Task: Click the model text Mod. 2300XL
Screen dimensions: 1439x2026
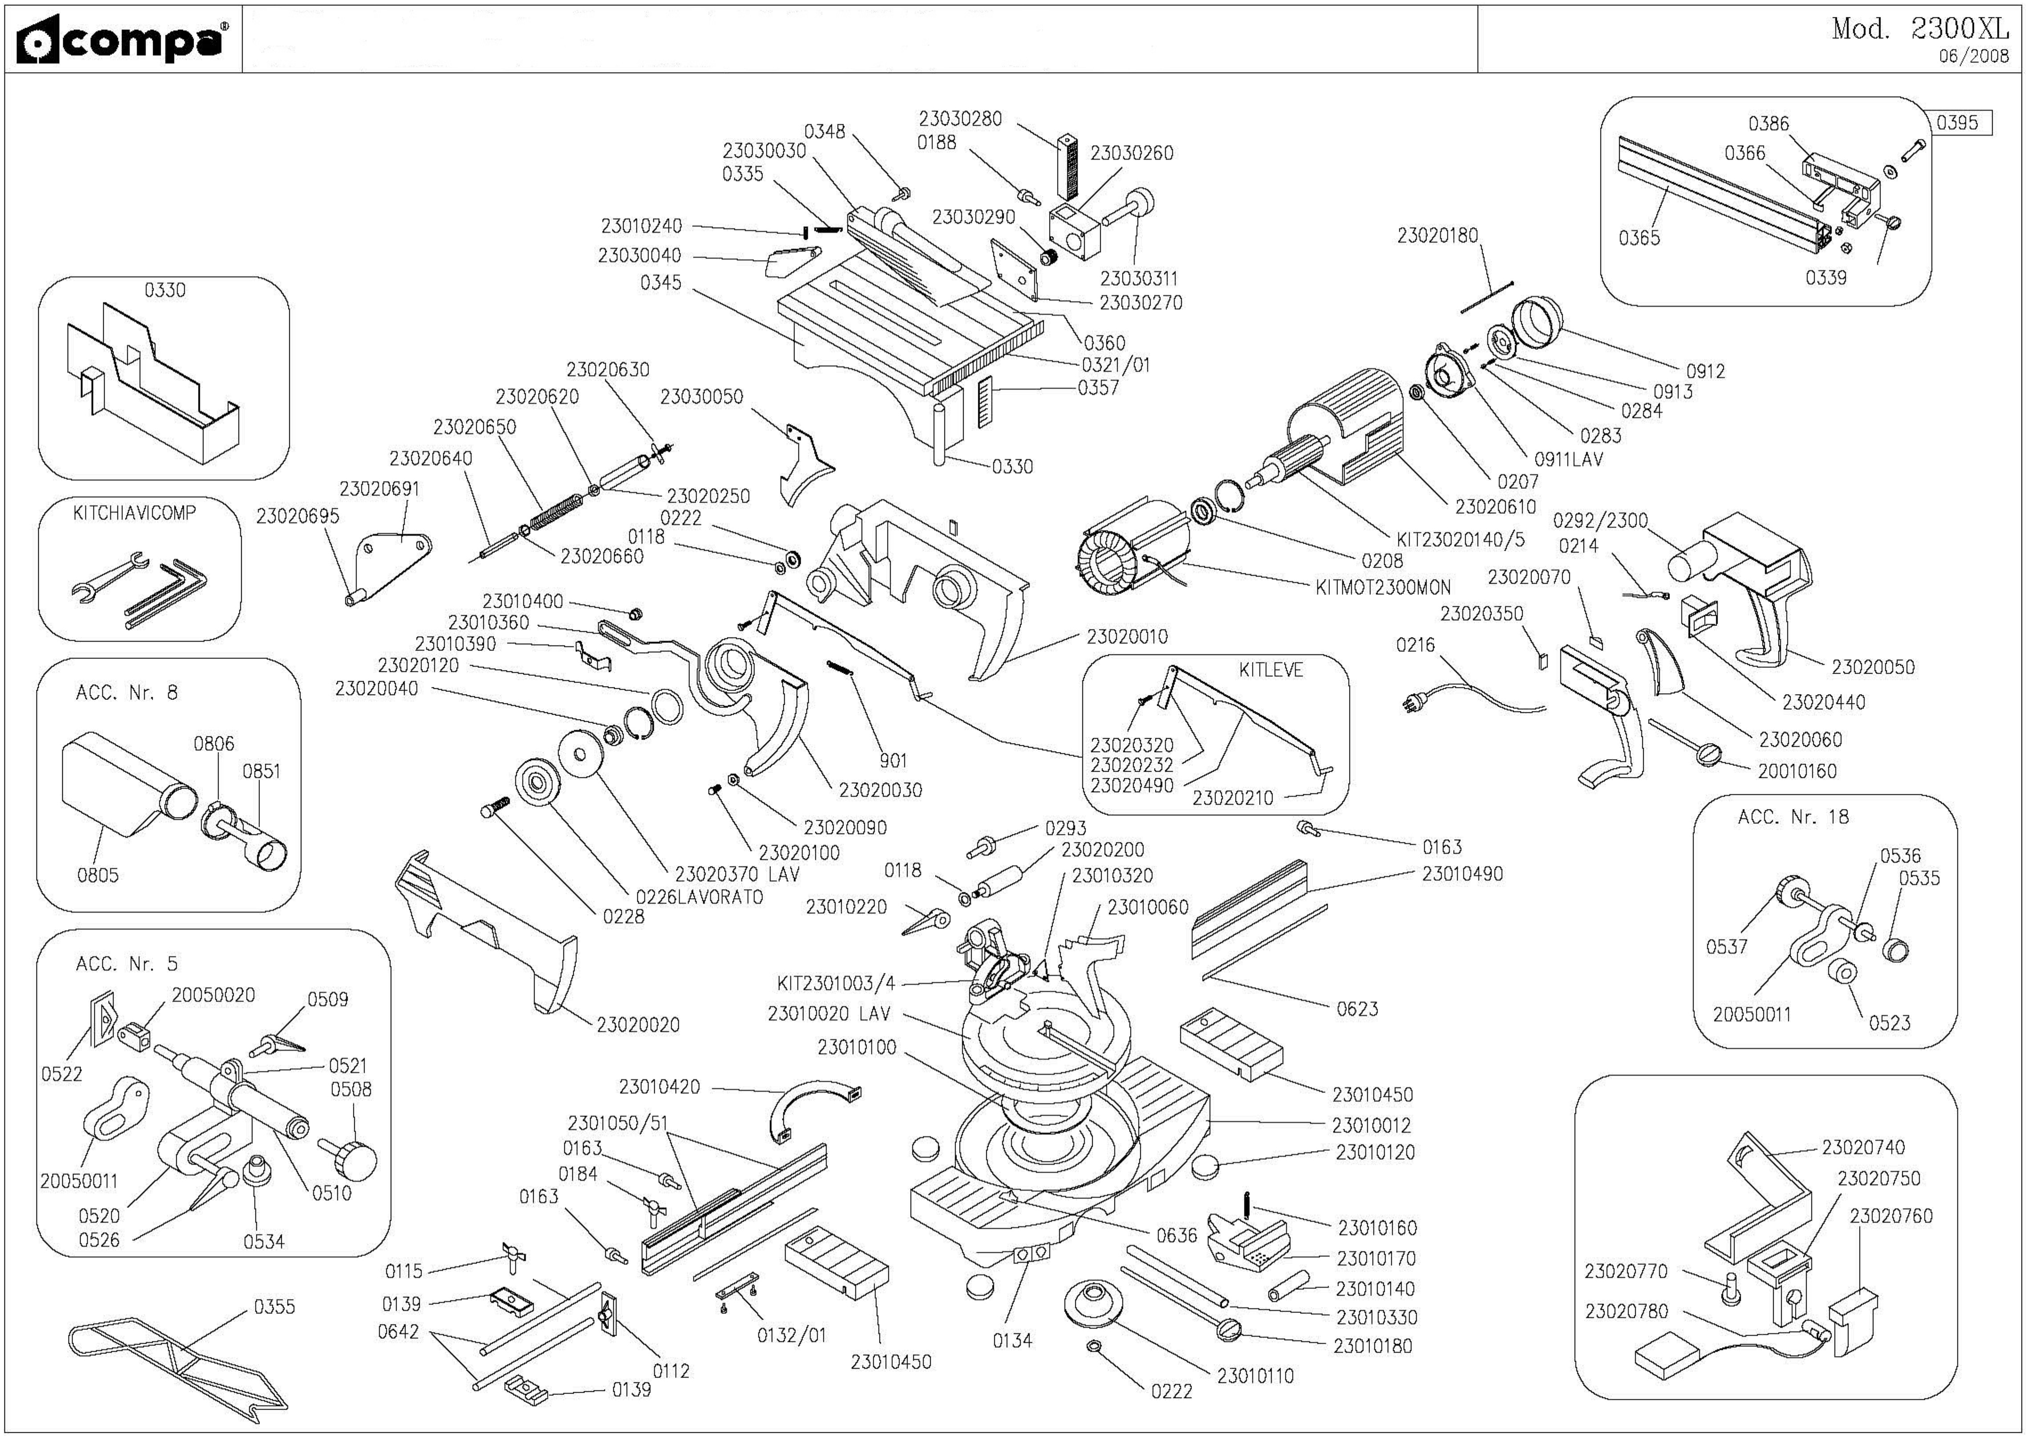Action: (1920, 29)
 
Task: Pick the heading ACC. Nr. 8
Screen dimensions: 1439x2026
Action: (127, 693)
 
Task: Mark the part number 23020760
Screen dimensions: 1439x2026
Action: (1890, 1215)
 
